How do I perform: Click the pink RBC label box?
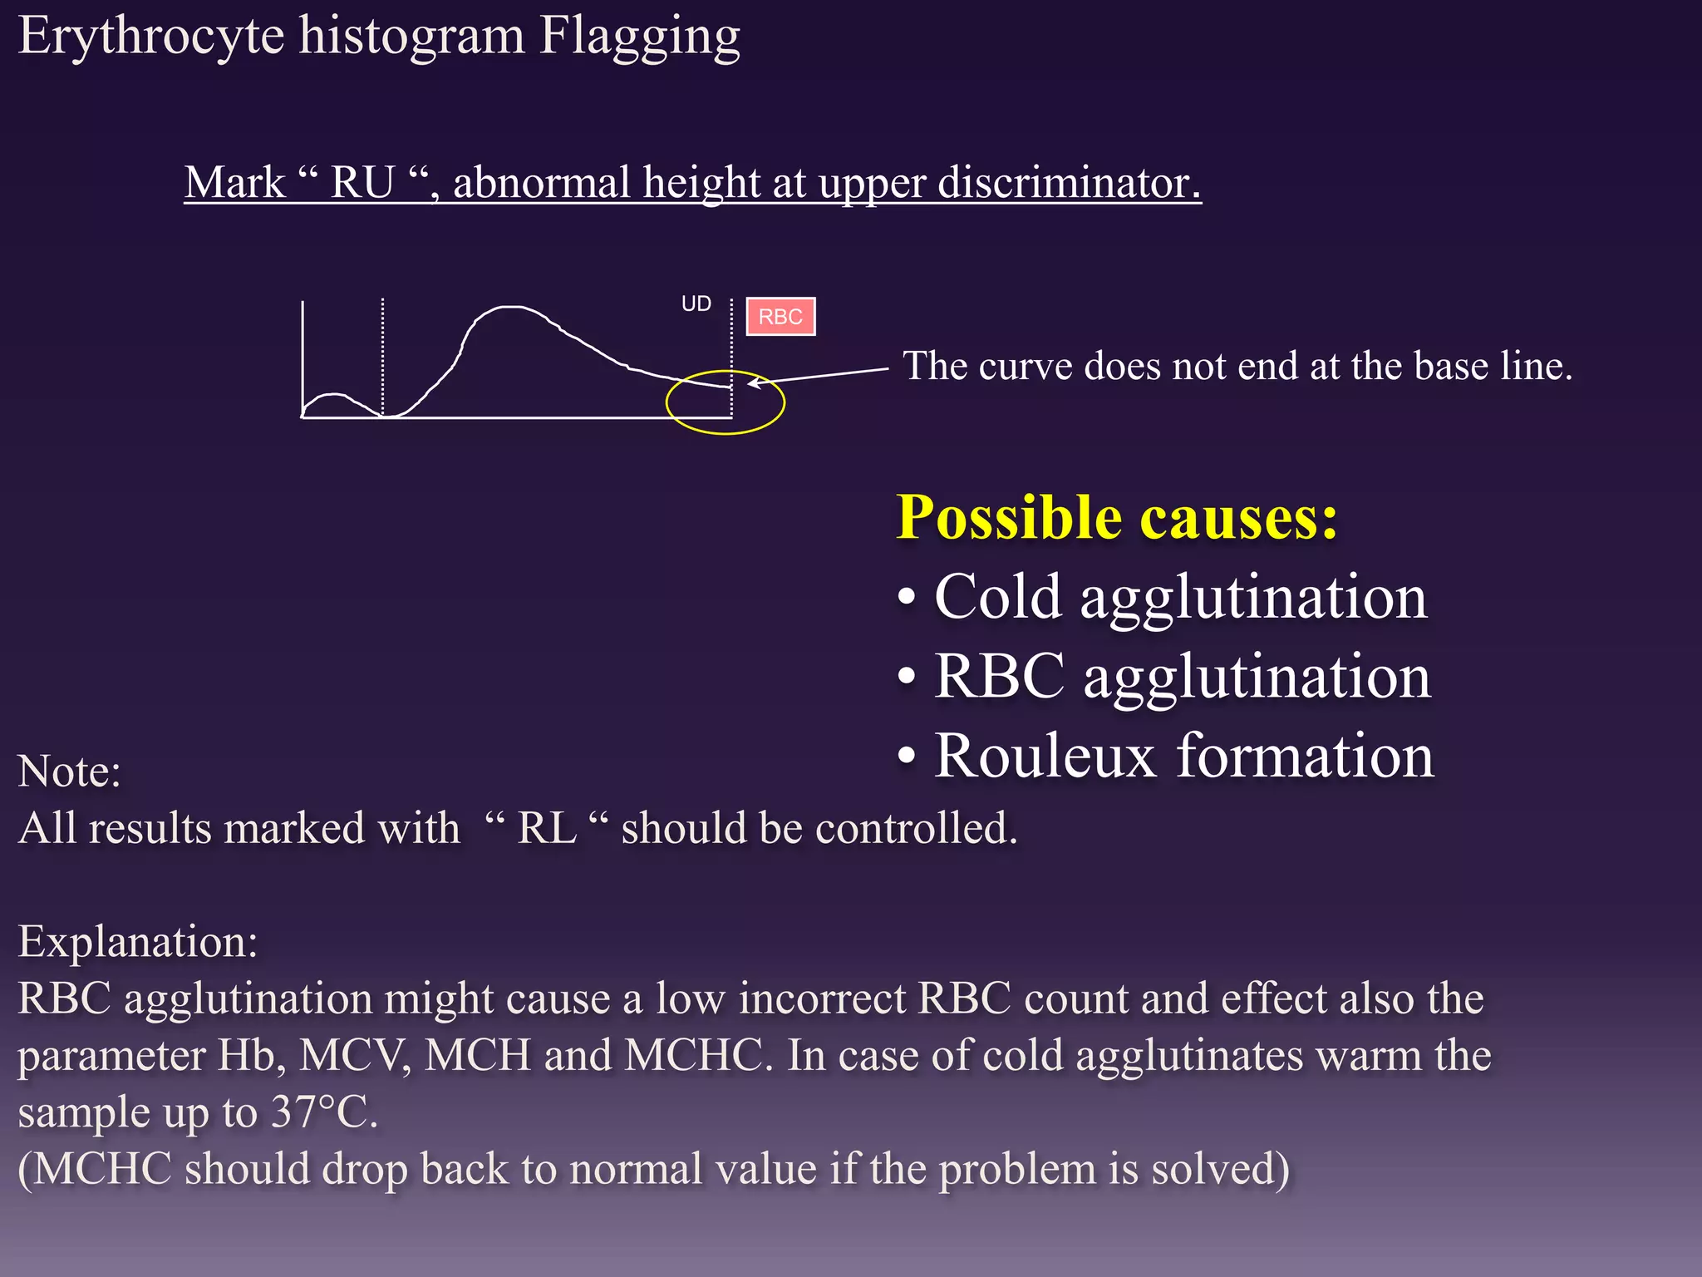pos(780,317)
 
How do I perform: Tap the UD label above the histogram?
pos(696,304)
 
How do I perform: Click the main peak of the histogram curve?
pos(511,308)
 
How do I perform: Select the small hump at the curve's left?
pos(336,397)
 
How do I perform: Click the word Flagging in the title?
pos(639,37)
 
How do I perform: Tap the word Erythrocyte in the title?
pos(151,37)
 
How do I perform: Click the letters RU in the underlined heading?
pos(362,182)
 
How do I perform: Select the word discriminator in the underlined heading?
pos(1069,182)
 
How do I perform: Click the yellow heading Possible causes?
pos(1116,517)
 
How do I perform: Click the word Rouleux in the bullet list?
pos(1045,756)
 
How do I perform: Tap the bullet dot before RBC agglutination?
pos(907,677)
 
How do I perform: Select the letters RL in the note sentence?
pos(546,828)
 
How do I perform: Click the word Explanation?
pos(137,942)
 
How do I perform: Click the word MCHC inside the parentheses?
pos(102,1169)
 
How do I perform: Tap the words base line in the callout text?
pos(1493,367)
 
